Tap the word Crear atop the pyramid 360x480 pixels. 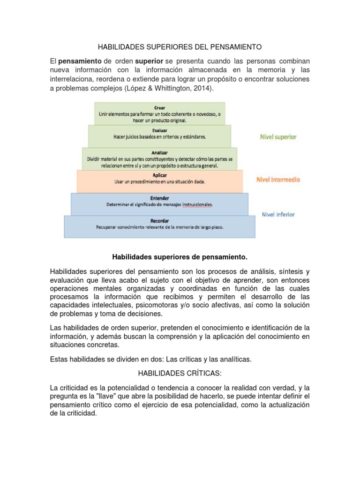pos(159,108)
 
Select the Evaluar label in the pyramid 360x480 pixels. pos(159,130)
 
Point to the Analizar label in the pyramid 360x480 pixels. pos(159,152)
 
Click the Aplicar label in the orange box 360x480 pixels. pos(159,175)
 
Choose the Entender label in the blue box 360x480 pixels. pos(159,198)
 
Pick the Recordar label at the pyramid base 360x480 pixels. pos(159,220)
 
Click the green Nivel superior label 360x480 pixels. pos(278,137)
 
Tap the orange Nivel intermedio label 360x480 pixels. pos(278,179)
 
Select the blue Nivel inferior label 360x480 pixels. pos(278,214)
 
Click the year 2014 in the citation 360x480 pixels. pos(201,88)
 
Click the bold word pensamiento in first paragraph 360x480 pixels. pos(80,61)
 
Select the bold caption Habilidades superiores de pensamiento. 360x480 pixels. pos(180,257)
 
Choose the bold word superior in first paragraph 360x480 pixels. pos(149,61)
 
